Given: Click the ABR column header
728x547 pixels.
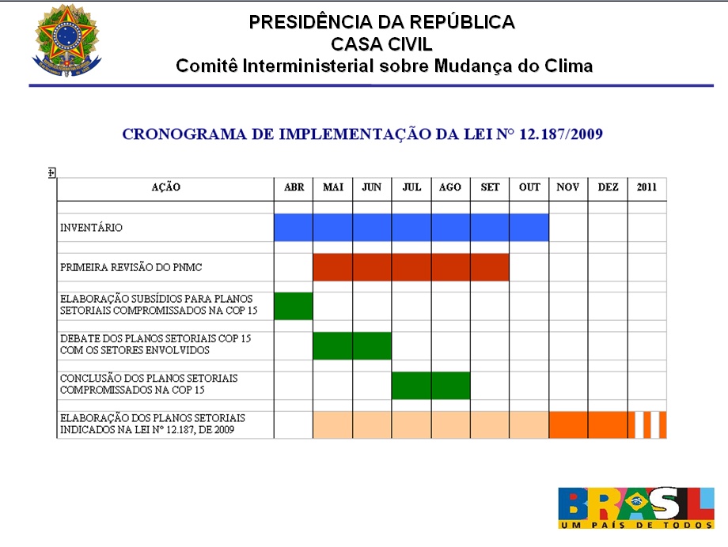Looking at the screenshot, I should [294, 188].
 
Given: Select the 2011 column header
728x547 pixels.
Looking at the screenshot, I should [647, 188].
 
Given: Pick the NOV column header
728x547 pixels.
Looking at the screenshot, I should [568, 188].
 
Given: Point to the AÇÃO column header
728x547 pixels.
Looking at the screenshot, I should [166, 188].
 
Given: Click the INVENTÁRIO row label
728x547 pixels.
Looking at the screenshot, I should [92, 228].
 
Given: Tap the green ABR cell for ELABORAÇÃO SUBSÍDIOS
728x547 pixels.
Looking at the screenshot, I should [294, 306].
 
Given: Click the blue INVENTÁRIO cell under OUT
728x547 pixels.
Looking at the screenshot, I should [529, 228].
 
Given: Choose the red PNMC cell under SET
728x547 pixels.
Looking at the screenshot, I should [490, 267].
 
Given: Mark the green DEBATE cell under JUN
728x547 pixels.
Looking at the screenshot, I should [372, 345].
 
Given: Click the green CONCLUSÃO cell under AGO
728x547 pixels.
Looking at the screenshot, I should [450, 385].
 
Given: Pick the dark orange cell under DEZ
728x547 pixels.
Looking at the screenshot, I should [608, 425].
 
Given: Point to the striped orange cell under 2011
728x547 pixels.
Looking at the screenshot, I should [647, 425].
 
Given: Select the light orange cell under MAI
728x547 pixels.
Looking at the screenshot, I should [332, 425].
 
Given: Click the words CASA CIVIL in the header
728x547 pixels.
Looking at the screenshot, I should [381, 44].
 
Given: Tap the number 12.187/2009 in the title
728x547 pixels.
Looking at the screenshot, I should [561, 134].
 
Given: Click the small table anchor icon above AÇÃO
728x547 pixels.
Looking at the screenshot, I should [52, 172].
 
